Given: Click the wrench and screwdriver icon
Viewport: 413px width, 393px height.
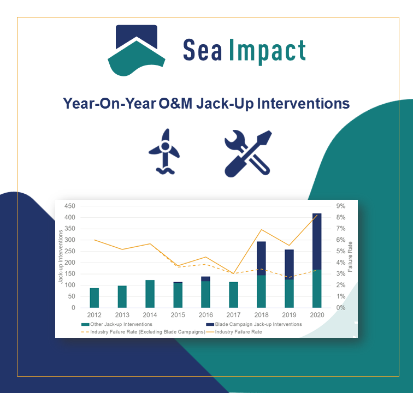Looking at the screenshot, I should click(247, 153).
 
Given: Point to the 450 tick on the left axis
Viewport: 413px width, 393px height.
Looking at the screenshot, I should click(70, 206).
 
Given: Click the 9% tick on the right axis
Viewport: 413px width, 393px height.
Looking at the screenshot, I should click(340, 206).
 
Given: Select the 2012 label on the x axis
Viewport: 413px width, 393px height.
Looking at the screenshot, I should click(95, 315).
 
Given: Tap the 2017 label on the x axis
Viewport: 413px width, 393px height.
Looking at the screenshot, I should click(233, 315).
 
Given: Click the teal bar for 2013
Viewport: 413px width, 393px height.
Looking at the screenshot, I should click(122, 296).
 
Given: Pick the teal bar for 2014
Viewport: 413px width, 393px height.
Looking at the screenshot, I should click(150, 294).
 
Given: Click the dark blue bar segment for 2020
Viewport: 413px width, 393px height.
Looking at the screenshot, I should click(317, 241).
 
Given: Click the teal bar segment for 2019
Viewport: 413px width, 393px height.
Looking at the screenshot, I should click(289, 293).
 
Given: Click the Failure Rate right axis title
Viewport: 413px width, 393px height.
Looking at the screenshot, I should click(351, 257).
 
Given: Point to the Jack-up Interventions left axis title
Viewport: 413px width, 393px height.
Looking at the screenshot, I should click(60, 257).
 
